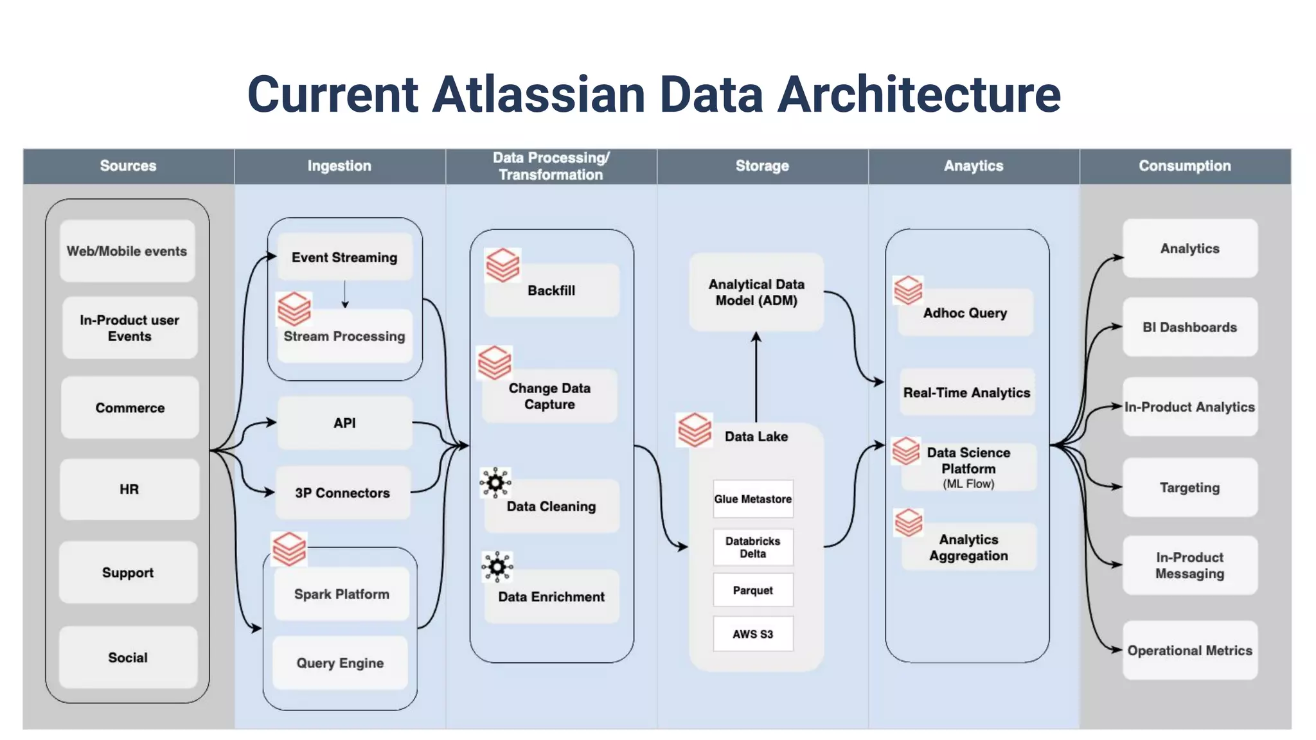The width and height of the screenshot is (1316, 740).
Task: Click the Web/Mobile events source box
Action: pyautogui.click(x=127, y=251)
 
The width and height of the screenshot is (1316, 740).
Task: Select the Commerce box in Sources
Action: pyautogui.click(x=130, y=408)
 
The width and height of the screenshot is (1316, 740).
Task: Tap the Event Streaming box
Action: pyautogui.click(x=344, y=258)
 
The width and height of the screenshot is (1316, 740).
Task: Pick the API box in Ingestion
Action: pyautogui.click(x=344, y=423)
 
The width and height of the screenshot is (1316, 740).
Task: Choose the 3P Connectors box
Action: pyautogui.click(x=342, y=493)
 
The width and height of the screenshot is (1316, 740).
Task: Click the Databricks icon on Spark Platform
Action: pyautogui.click(x=289, y=549)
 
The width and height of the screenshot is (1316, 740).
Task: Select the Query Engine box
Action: pyautogui.click(x=340, y=663)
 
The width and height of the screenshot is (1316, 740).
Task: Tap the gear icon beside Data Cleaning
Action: pyautogui.click(x=495, y=482)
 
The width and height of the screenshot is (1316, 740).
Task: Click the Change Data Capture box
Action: pyautogui.click(x=549, y=396)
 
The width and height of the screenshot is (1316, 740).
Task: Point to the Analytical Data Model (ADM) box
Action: pyautogui.click(x=756, y=292)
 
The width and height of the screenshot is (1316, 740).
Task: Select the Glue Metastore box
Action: pyautogui.click(x=753, y=499)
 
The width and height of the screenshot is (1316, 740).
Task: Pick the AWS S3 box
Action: pyautogui.click(x=753, y=634)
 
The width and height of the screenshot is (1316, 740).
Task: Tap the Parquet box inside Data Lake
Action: pyautogui.click(x=753, y=590)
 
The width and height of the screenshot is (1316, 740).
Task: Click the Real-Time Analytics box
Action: pyautogui.click(x=966, y=392)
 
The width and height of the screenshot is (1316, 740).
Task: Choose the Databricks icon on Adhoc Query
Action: pyautogui.click(x=908, y=290)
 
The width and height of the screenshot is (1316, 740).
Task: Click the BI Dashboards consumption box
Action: pyautogui.click(x=1189, y=327)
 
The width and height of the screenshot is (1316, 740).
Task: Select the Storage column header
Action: pyautogui.click(x=762, y=166)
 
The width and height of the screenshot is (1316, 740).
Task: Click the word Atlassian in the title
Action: pyautogui.click(x=538, y=94)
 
